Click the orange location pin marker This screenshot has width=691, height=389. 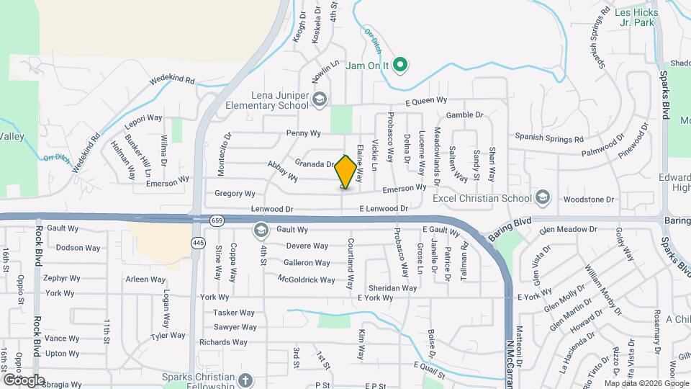345,171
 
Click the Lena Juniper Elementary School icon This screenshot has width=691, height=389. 320,100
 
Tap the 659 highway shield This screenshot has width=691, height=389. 217,220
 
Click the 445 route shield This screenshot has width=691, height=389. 198,243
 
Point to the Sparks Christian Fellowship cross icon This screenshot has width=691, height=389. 245,379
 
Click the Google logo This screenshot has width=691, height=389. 24,380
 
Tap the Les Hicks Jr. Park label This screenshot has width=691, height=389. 634,17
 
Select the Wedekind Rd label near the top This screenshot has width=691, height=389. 172,81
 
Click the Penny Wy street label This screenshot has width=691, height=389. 303,133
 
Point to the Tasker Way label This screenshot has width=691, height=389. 234,313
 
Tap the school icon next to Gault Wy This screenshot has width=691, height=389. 260,231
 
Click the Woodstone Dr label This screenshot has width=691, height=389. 588,199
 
